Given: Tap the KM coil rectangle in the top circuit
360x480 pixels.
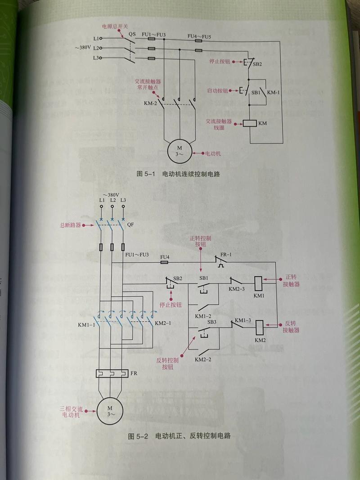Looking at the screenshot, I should [x=250, y=123].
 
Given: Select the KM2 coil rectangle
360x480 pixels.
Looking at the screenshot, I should [x=260, y=326].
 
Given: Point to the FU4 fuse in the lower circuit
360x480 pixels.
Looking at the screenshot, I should [x=164, y=261].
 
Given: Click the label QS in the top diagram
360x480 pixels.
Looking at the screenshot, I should [x=132, y=34].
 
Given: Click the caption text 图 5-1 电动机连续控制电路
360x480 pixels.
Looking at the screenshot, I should [x=180, y=174].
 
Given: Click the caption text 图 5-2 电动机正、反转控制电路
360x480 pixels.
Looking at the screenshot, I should [x=180, y=436].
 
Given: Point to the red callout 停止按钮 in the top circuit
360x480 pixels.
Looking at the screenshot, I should [x=220, y=61].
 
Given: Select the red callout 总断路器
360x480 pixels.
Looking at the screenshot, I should [x=70, y=225].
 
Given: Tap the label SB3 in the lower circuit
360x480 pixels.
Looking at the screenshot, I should [x=212, y=322].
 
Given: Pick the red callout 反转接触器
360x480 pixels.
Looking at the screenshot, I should [x=291, y=327].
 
